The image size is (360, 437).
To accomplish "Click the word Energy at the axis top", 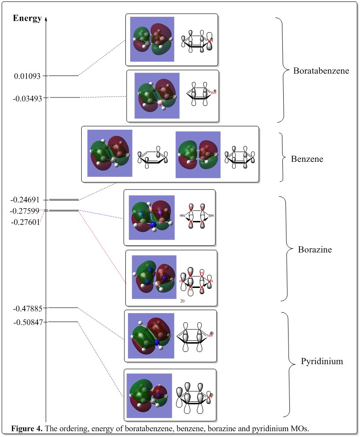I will [27, 18].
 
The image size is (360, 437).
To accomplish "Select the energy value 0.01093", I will [27, 76].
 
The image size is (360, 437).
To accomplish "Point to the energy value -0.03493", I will [27, 98].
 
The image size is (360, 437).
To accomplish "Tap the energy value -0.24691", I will [27, 200].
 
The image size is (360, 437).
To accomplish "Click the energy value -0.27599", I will [27, 211].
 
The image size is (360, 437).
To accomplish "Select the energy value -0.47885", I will [27, 307].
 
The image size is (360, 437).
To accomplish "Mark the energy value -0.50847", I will [27, 322].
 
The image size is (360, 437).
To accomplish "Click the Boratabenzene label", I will [321, 71].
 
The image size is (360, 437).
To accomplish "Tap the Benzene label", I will [307, 159].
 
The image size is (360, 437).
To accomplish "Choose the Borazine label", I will [315, 250].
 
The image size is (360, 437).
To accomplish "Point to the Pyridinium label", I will [322, 362].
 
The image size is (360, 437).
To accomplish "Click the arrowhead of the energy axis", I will [46, 19].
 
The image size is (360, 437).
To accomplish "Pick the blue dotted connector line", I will [101, 215].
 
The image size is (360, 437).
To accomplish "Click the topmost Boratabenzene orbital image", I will [152, 39].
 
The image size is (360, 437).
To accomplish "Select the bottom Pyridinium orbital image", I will [149, 396].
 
